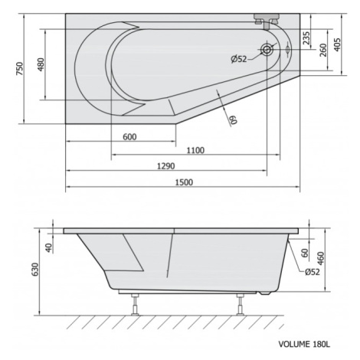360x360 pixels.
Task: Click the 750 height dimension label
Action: point(20,69)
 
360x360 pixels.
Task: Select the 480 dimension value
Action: point(41,64)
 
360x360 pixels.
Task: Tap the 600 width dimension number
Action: point(129,137)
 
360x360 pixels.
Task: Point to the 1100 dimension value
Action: point(195,150)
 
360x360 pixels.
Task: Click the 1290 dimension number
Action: point(166,166)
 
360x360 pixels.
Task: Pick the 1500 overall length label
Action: point(184,182)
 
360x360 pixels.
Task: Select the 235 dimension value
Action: point(306,38)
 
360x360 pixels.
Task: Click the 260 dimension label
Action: point(323,50)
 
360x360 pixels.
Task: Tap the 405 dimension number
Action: point(337,44)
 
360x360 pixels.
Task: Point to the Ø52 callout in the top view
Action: point(239,59)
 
